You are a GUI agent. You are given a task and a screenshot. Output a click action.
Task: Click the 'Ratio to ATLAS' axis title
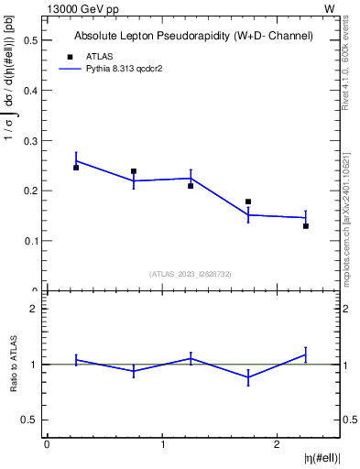14,365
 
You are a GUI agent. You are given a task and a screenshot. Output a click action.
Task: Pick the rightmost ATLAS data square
306,225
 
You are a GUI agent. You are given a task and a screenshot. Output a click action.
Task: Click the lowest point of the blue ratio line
248,377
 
